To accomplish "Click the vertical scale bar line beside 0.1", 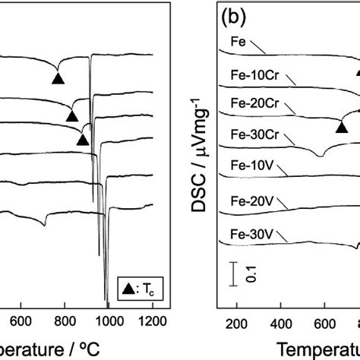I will tap(234, 275).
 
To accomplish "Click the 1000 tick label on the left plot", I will tap(108, 321).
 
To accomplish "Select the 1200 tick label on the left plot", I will tap(152, 321).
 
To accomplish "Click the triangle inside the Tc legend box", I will tap(126, 288).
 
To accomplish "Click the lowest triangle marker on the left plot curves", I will tap(82, 139).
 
